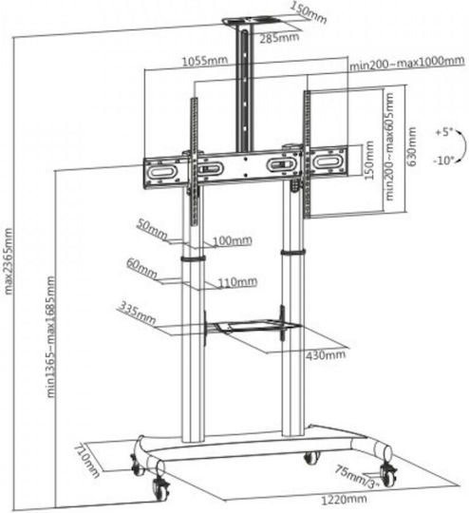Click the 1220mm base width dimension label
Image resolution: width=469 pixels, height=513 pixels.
344,500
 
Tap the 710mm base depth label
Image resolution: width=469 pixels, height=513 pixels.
86,461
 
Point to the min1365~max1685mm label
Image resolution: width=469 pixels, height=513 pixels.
51,336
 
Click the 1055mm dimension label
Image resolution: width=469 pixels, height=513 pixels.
205,61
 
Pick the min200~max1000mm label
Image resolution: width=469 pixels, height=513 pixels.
407,63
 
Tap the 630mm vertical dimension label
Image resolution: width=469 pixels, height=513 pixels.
411,146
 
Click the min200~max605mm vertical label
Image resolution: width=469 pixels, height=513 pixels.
389,146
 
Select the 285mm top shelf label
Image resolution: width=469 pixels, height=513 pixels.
279,38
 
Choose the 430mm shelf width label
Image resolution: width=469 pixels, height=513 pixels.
326,354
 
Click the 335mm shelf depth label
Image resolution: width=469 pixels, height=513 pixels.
137,313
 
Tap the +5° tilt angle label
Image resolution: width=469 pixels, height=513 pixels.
443,133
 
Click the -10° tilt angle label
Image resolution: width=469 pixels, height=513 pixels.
443,161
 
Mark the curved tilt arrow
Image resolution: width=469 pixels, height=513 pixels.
463,146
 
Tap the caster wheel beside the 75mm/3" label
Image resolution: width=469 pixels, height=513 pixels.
388,475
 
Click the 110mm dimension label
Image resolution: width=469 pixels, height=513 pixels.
237,282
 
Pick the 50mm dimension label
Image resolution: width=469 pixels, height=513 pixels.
152,229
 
